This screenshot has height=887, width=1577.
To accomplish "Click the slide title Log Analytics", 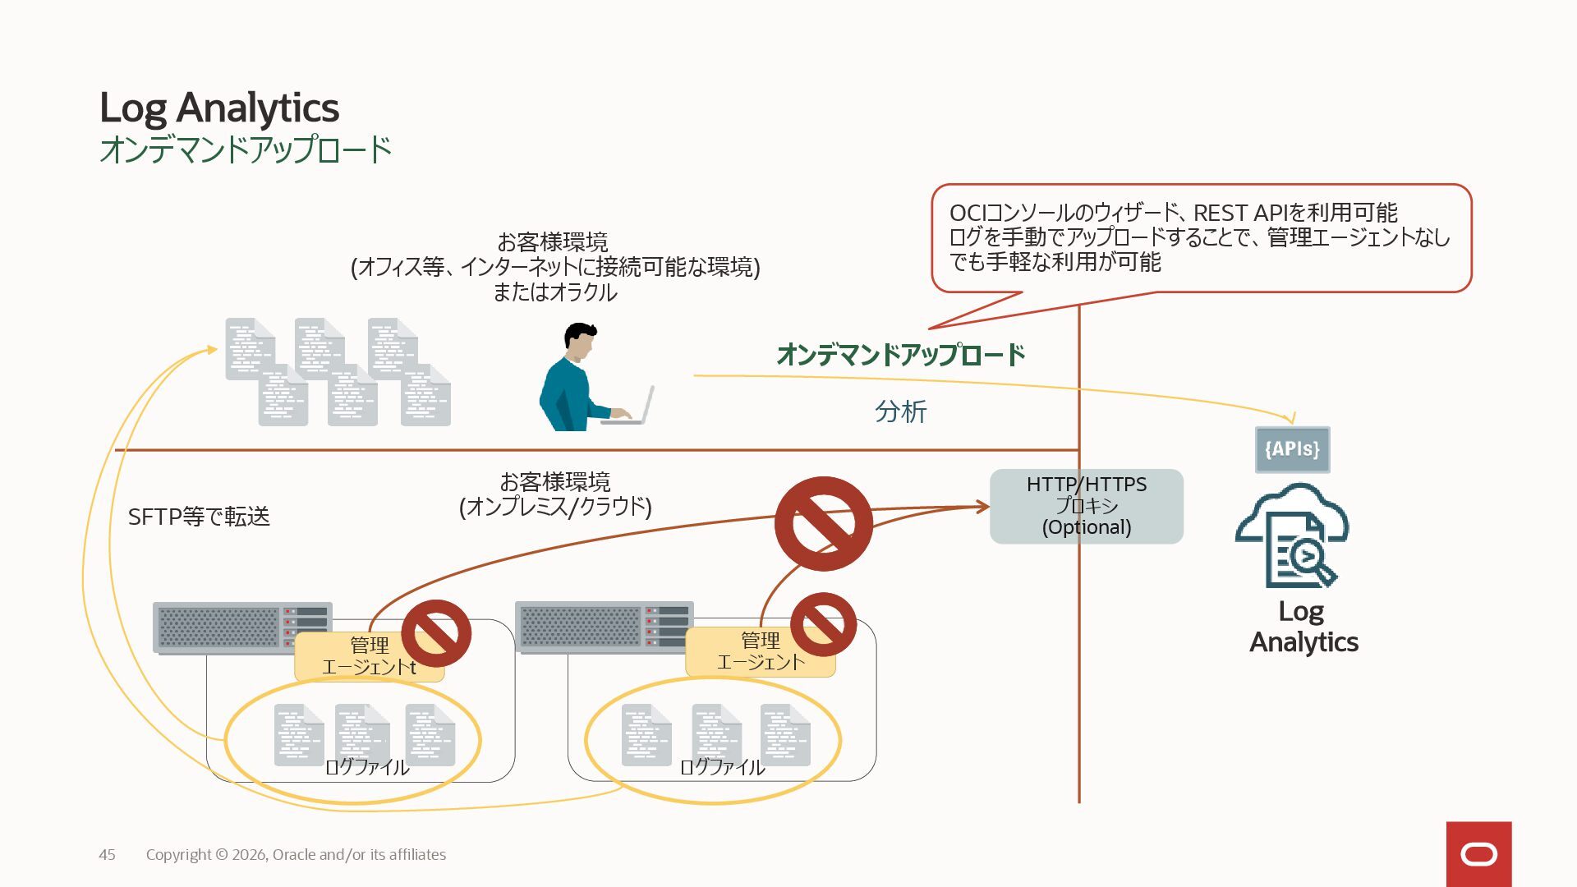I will [x=218, y=108].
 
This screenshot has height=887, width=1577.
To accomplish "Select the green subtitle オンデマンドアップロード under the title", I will [x=245, y=149].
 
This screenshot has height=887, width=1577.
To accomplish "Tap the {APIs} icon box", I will [x=1292, y=449].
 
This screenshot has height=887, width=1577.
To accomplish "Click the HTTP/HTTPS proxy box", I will [x=1086, y=506].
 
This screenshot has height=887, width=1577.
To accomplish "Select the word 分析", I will [x=900, y=411].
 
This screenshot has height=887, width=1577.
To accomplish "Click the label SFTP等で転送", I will [x=199, y=517].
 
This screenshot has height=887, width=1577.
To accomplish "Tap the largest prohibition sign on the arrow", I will [x=823, y=524].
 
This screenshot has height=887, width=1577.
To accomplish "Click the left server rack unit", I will [x=242, y=627].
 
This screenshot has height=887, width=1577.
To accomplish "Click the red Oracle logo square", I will [x=1478, y=854].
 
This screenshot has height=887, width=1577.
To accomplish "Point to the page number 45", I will [x=107, y=855].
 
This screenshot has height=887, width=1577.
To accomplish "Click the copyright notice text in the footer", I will [x=296, y=855].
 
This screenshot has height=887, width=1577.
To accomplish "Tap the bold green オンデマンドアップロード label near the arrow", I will [x=900, y=355].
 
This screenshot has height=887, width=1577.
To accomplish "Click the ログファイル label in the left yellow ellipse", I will [x=366, y=767].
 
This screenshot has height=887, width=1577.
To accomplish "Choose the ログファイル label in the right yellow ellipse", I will [x=722, y=767].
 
